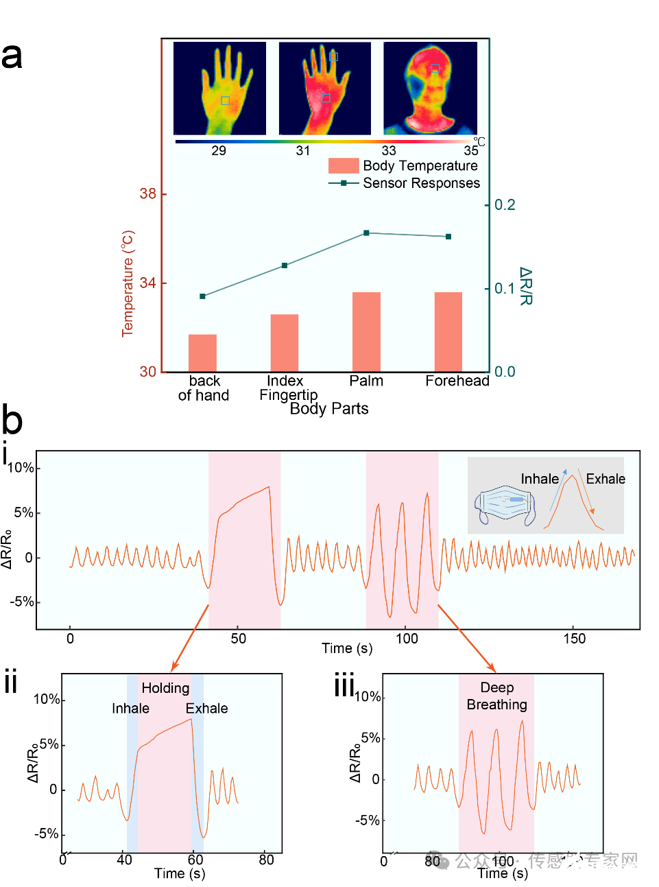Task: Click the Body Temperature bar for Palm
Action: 366,332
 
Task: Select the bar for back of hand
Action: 202,353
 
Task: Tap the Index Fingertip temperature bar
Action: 285,343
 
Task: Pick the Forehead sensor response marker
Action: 448,237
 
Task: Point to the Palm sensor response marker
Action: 366,233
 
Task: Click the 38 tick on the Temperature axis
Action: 148,194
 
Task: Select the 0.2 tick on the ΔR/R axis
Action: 505,205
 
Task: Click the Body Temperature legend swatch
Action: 344,165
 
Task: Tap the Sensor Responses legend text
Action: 421,183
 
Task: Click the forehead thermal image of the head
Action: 430,88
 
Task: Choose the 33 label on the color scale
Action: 389,151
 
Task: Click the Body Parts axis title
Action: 329,409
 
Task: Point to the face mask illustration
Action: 505,506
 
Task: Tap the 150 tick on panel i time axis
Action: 575,639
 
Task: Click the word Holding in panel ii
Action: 165,688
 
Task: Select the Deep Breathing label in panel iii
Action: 496,696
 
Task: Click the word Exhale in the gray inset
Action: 606,479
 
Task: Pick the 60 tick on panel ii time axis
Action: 195,860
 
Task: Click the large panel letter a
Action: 12,56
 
